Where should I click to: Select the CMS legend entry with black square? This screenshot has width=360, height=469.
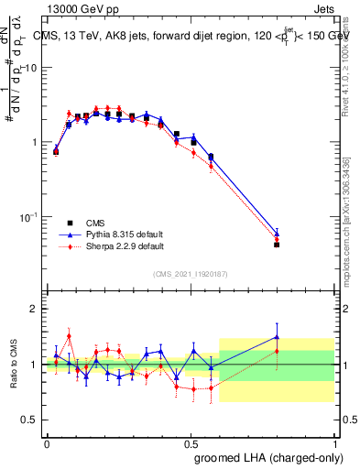(70, 223)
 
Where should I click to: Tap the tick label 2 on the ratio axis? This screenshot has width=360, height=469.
(36, 309)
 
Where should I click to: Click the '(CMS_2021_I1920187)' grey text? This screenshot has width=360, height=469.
(190, 274)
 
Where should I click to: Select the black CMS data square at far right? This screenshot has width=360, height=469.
(277, 245)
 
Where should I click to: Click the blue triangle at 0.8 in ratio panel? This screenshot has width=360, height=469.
(277, 336)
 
